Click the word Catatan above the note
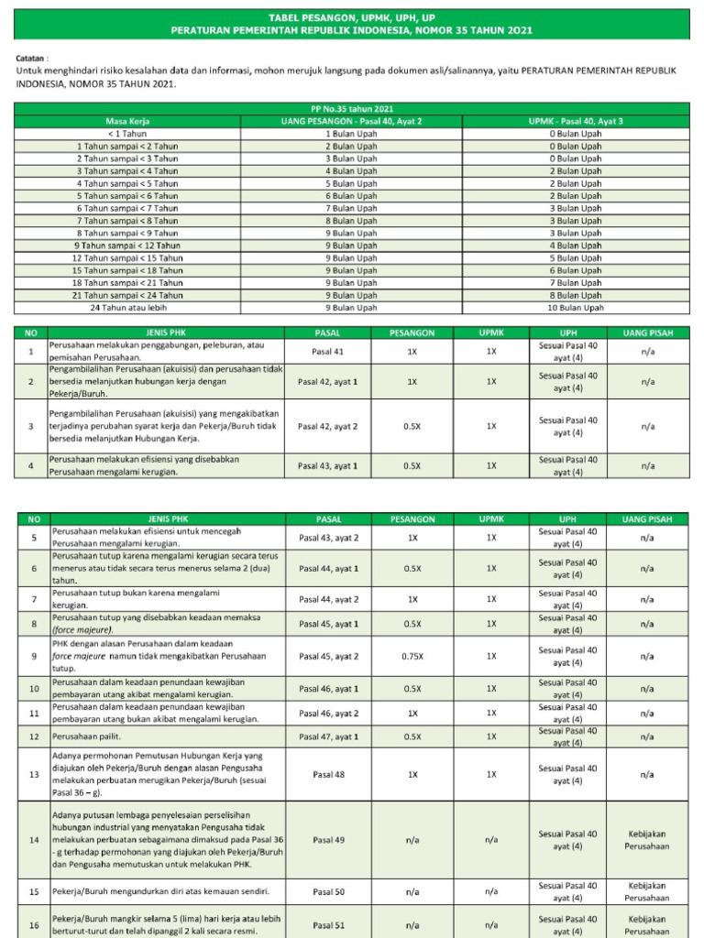coord(32,56)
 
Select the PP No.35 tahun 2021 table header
coord(352,109)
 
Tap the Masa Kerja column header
coord(127,121)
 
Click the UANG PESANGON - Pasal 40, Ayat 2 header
coord(351,121)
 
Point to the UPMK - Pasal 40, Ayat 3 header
coord(577,121)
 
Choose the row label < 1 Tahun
coord(127,133)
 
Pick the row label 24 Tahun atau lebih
coord(127,308)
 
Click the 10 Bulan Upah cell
coord(577,308)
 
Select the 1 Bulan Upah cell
coord(351,133)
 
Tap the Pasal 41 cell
coord(327,351)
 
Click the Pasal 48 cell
coord(327,774)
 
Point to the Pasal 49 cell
coord(327,839)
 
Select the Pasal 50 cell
coord(327,890)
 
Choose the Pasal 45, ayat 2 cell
coord(327,657)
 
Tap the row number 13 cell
coord(34,774)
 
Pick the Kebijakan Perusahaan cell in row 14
coord(647,839)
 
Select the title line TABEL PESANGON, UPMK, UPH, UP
coord(352,17)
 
